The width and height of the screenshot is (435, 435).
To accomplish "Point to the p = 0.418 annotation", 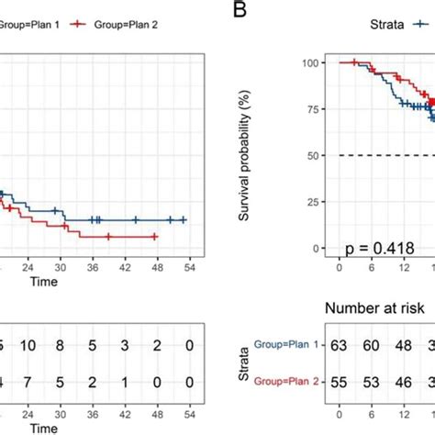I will pos(376,247).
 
